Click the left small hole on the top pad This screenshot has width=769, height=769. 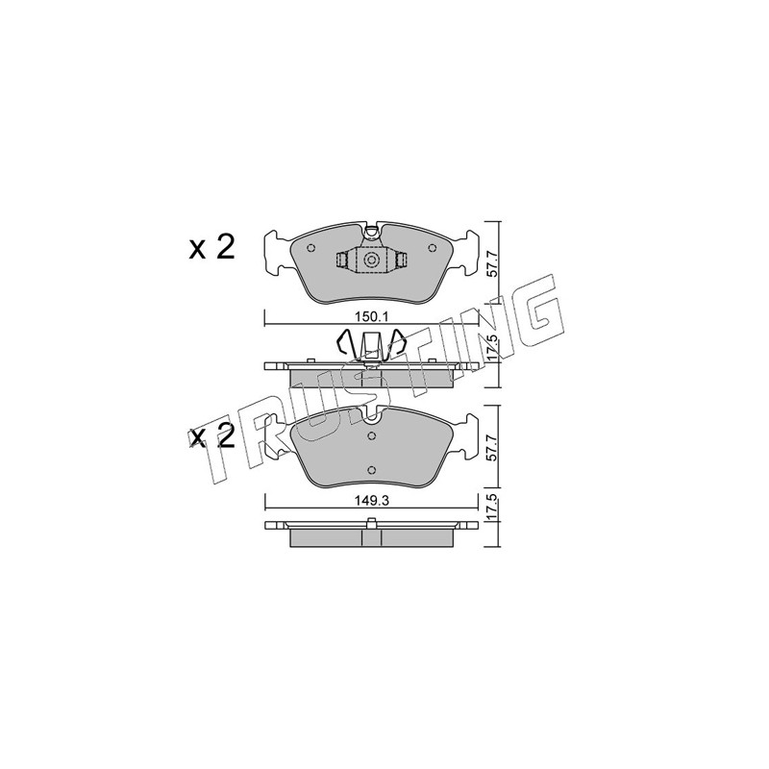tap(310, 248)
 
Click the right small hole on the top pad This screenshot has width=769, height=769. tap(432, 248)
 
